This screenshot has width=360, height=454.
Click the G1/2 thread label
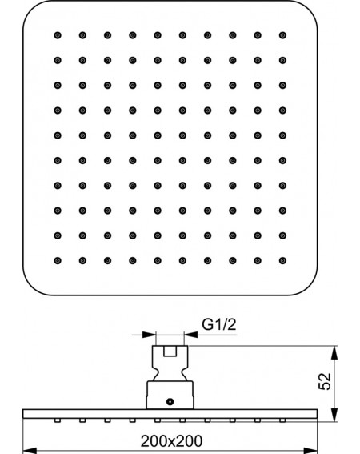pyautogui.click(x=218, y=324)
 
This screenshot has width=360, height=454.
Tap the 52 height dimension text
pyautogui.click(x=325, y=381)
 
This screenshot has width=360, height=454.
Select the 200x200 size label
pyautogui.click(x=172, y=441)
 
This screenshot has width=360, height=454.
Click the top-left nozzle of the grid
pyautogui.click(x=58, y=35)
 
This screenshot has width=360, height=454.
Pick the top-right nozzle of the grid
pyautogui.click(x=282, y=35)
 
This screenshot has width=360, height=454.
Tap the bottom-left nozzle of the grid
pyautogui.click(x=58, y=260)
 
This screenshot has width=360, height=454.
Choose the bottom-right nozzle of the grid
pyautogui.click(x=282, y=260)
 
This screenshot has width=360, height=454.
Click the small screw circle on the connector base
pyautogui.click(x=170, y=402)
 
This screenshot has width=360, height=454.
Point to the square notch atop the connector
pyautogui.click(x=170, y=351)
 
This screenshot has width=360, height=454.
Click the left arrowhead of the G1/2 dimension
pyautogui.click(x=150, y=335)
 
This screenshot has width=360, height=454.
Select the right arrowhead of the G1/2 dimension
pyautogui.click(x=190, y=335)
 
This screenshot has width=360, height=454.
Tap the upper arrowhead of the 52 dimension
pyautogui.click(x=334, y=352)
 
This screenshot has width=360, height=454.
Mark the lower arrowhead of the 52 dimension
pyautogui.click(x=334, y=415)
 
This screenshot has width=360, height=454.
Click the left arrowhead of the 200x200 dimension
pyautogui.click(x=30, y=451)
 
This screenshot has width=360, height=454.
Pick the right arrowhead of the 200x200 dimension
pyautogui.click(x=310, y=451)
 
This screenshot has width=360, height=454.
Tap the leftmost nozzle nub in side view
pyautogui.click(x=58, y=420)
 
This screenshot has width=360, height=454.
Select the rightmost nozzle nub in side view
pyautogui.click(x=282, y=420)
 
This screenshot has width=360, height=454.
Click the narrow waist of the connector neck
pyautogui.click(x=170, y=371)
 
